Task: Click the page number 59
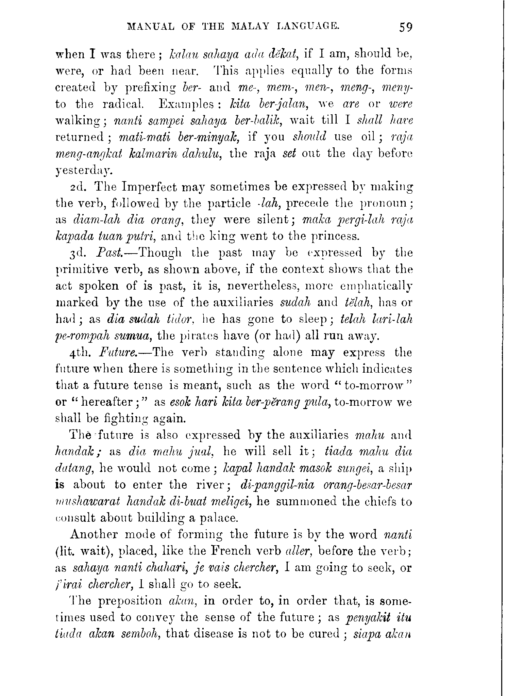(x=406, y=27)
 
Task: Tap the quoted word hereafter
(x=108, y=402)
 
